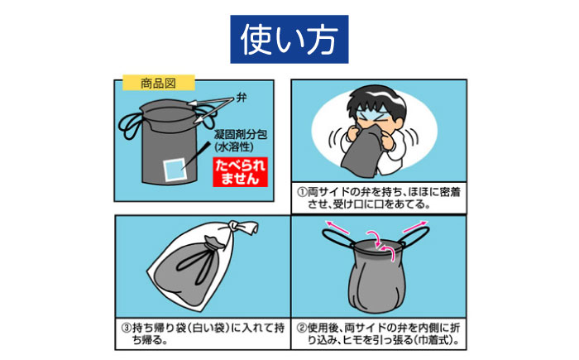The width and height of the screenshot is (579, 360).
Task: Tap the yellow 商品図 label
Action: [158, 83]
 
